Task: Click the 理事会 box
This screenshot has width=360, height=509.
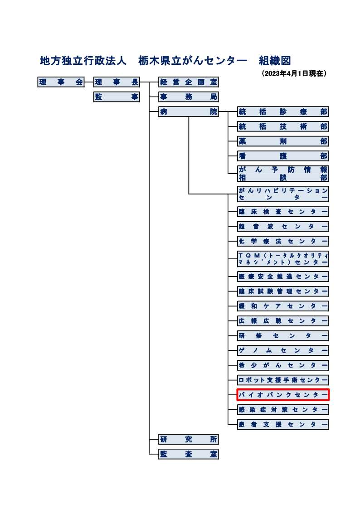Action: pos(61,82)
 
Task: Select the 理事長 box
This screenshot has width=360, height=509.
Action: pos(117,82)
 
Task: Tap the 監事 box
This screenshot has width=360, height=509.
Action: pos(117,97)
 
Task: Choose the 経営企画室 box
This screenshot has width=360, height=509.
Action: pos(188,82)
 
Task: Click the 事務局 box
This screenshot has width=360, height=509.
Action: pos(188,97)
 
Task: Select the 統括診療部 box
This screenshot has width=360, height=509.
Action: pos(283,112)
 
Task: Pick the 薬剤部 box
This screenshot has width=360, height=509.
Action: pos(283,141)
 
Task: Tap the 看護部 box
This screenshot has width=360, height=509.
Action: pos(283,156)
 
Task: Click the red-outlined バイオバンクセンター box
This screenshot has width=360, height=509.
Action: pos(283,395)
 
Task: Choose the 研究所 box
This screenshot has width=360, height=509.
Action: pos(188,439)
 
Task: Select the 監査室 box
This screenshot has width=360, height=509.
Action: pos(188,454)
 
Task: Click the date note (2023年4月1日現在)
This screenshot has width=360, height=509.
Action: pos(294,73)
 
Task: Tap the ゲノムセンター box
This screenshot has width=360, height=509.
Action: pos(283,350)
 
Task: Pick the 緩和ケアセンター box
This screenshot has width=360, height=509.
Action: pos(283,306)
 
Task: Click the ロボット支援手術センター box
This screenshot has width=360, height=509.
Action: pos(283,380)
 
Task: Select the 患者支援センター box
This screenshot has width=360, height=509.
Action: pos(283,425)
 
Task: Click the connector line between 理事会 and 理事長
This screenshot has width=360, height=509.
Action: pos(89,82)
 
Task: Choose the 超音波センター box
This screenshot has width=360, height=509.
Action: pos(283,227)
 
